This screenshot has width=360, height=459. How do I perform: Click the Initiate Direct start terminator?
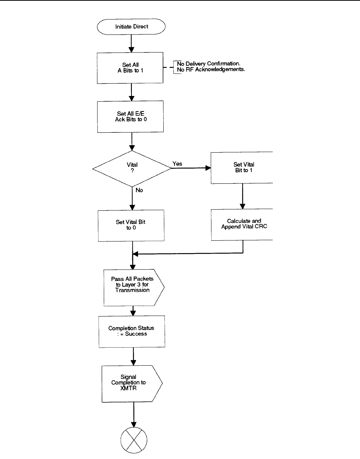point(131,27)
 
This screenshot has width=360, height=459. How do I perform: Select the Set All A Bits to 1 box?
point(130,68)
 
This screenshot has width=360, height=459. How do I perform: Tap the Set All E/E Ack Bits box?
point(130,117)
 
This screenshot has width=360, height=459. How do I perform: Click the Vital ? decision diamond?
point(132,168)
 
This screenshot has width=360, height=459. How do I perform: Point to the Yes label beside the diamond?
point(177,164)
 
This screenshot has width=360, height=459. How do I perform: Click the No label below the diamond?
point(139,190)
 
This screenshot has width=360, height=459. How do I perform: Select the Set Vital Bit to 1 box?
point(242,168)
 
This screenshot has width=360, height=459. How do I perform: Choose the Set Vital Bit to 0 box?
point(131,226)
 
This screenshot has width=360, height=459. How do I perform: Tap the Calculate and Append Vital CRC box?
point(242,225)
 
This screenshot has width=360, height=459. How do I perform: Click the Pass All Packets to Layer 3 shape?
point(134,288)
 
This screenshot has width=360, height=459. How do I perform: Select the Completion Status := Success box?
point(132,331)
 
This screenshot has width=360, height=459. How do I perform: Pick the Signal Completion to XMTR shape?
point(132,384)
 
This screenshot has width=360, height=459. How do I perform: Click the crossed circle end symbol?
point(134,440)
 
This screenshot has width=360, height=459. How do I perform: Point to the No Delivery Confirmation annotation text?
point(209,64)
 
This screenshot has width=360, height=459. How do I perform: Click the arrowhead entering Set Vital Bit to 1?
point(208,168)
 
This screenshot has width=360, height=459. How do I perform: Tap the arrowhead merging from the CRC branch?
point(136,253)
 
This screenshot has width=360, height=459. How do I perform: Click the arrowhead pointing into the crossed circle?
point(134,424)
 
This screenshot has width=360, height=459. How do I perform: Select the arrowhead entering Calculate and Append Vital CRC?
point(243,206)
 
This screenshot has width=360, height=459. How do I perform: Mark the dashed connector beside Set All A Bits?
point(168,67)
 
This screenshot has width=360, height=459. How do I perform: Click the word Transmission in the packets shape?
point(132,290)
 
